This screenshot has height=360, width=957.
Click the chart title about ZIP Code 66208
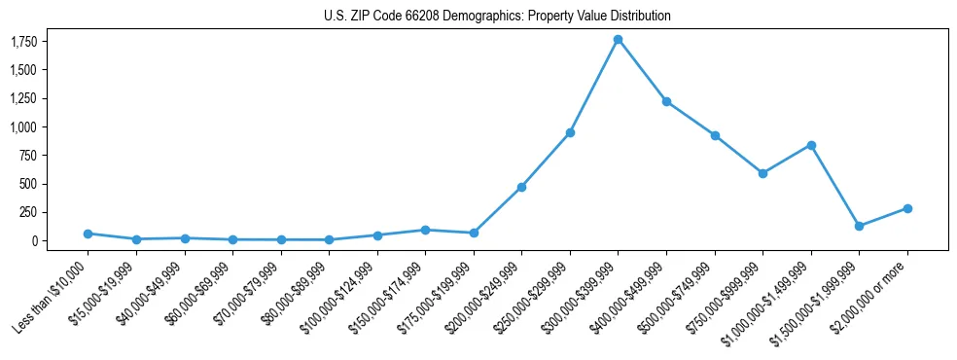(497, 17)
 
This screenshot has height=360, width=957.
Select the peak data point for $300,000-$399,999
(618, 39)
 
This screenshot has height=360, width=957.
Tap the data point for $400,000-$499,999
(666, 101)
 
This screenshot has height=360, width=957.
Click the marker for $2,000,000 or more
(907, 208)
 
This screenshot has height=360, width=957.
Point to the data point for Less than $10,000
(88, 234)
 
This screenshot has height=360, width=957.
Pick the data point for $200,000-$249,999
(521, 187)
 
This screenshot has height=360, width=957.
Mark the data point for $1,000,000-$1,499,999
(811, 145)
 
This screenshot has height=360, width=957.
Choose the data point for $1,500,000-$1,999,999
(859, 226)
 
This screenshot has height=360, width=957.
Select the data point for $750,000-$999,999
(762, 173)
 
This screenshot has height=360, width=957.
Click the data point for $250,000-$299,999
(570, 132)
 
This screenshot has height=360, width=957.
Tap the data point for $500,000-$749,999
(715, 135)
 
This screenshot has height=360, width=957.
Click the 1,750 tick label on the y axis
(23, 42)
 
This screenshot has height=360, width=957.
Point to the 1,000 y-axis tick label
(23, 126)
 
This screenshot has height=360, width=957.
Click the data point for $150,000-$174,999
(425, 230)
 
